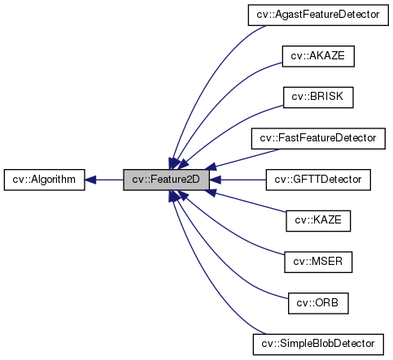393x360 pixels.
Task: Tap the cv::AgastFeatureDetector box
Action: (x=317, y=15)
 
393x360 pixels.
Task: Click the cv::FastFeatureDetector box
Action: (x=317, y=138)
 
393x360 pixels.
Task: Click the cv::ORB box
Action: (x=317, y=302)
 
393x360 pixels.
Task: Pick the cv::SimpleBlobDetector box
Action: (x=317, y=344)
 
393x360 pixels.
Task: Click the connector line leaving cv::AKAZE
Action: (x=236, y=81)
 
